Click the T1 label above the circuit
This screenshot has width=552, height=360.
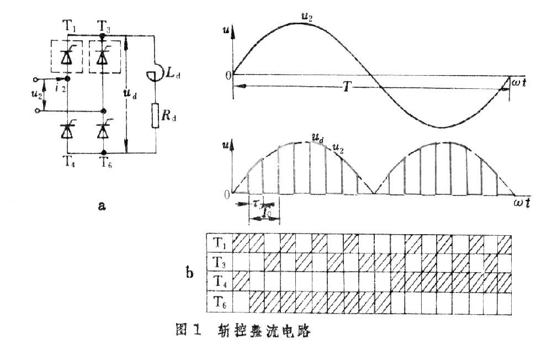[68, 25]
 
